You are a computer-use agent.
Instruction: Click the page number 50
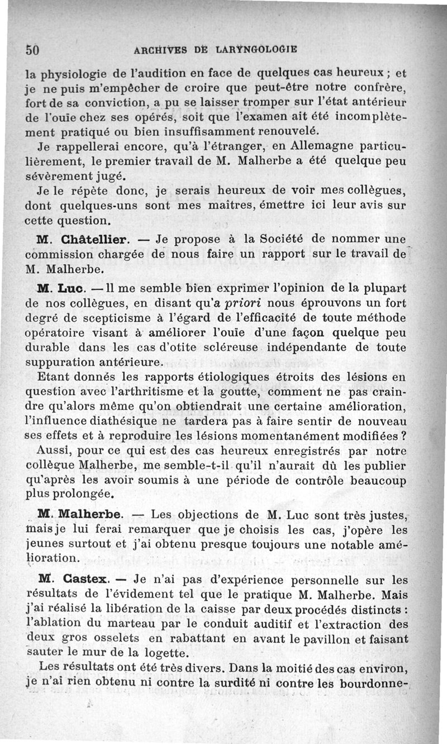pos(32,49)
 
